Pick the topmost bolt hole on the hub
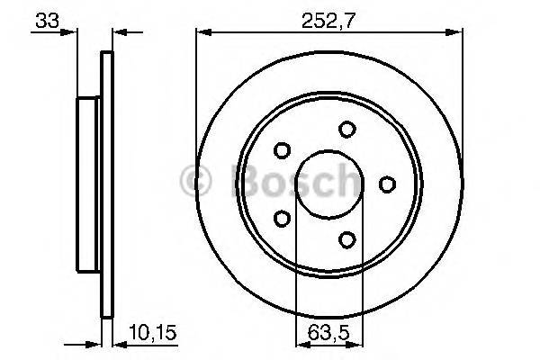(347, 130)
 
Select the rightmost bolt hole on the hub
(387, 184)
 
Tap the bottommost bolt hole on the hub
(347, 239)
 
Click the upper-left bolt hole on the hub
(283, 150)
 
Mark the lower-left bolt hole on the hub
(283, 219)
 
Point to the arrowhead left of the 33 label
(68, 33)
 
